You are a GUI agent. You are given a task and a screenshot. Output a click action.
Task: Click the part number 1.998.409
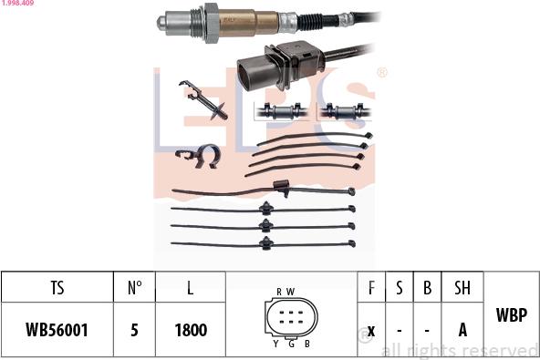18,4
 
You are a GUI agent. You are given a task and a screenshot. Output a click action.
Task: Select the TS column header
57,288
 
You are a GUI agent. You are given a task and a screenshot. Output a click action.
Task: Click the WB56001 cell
57,330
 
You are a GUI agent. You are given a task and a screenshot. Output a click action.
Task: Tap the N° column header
134,288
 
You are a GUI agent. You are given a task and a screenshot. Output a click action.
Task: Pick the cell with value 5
134,330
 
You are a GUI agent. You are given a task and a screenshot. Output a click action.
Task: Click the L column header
190,288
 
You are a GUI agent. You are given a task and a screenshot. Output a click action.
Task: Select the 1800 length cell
190,330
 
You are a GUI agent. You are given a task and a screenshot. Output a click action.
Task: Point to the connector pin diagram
291,317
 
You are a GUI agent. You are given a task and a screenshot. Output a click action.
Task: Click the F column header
371,288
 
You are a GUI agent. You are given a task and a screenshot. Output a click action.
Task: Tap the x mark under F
371,330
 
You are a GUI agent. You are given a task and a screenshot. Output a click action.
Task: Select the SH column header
462,288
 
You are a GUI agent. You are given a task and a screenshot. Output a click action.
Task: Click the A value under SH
462,330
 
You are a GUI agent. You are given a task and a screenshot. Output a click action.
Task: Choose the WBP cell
511,315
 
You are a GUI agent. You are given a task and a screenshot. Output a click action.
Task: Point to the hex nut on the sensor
211,22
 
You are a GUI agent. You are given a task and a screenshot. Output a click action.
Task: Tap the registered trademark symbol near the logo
381,72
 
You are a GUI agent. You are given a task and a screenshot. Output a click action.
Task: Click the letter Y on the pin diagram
275,344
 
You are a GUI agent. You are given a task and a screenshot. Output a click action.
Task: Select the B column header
427,288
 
